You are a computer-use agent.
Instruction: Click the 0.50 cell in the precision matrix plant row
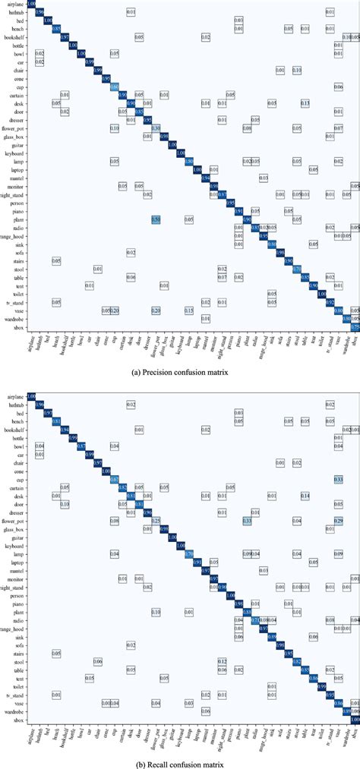156,219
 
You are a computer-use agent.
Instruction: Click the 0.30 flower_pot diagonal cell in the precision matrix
156,128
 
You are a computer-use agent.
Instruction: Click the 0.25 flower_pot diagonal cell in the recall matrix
156,521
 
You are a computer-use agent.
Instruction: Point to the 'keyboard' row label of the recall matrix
14,546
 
